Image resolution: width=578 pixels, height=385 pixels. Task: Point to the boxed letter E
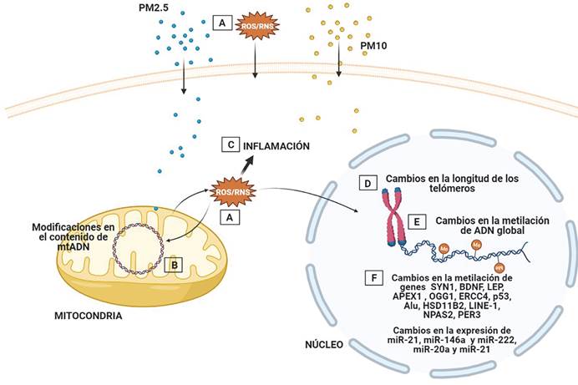pyautogui.click(x=415, y=223)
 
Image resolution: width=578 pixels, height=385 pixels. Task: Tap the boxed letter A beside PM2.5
pyautogui.click(x=221, y=24)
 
